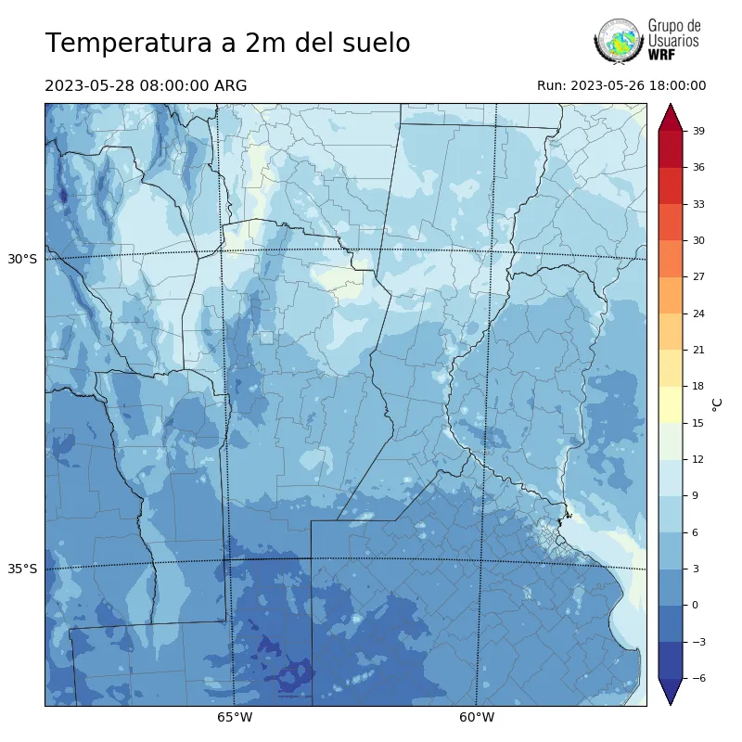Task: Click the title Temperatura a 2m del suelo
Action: pyautogui.click(x=227, y=44)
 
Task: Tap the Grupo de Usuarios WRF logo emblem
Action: pyautogui.click(x=619, y=42)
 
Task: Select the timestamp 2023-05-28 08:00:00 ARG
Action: pyautogui.click(x=146, y=86)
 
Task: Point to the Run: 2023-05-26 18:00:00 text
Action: pyautogui.click(x=621, y=86)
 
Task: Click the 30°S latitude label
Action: pyautogui.click(x=22, y=259)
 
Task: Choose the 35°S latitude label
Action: pyautogui.click(x=22, y=569)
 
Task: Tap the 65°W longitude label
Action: pyautogui.click(x=235, y=717)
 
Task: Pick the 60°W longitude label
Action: pyautogui.click(x=477, y=717)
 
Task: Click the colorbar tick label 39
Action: pyautogui.click(x=698, y=131)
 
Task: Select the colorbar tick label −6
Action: pyautogui.click(x=698, y=678)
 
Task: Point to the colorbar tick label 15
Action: pyautogui.click(x=698, y=423)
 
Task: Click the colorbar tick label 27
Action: pyautogui.click(x=698, y=277)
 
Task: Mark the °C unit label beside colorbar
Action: pyautogui.click(x=717, y=403)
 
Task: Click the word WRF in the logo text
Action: pyautogui.click(x=661, y=55)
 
